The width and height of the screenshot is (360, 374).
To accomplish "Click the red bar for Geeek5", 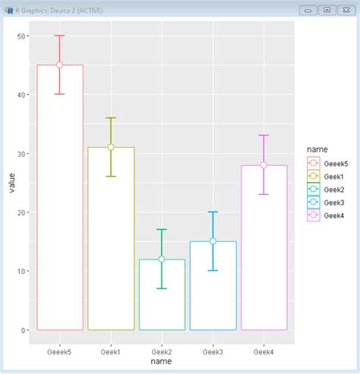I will click(59, 197).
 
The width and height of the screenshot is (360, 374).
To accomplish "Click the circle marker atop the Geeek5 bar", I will click(59, 65).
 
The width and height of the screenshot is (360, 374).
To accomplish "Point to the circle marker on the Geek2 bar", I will click(162, 259).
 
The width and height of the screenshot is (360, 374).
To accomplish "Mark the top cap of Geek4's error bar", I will click(264, 135).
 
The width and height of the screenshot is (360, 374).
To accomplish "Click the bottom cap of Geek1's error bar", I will click(111, 177).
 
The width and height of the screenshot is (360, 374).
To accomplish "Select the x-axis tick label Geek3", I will click(213, 351).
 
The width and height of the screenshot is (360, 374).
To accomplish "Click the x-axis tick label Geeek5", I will click(59, 351).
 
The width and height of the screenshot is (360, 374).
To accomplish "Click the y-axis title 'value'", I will click(11, 184).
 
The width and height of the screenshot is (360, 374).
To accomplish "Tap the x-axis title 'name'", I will click(162, 362).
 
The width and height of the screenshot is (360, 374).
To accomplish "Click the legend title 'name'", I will click(312, 149).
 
